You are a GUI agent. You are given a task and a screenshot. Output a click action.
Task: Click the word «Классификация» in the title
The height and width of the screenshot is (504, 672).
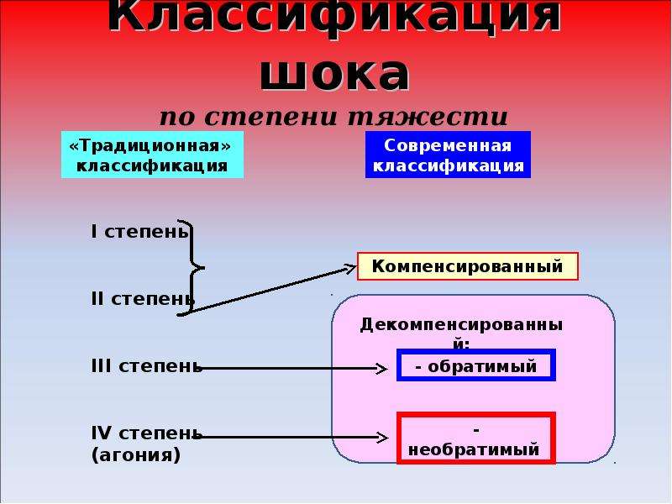pyautogui.click(x=334, y=16)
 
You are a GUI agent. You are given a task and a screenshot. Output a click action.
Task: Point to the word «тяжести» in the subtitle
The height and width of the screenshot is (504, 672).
pyautogui.click(x=428, y=117)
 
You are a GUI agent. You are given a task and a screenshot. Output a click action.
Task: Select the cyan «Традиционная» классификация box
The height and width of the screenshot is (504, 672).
pyautogui.click(x=152, y=155)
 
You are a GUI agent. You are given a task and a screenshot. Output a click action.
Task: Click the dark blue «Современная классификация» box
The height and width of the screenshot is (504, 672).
pyautogui.click(x=448, y=155)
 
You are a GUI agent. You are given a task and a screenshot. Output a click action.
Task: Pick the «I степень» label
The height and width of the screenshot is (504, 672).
pyautogui.click(x=139, y=232)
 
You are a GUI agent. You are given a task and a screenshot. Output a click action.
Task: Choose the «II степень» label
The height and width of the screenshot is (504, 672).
pyautogui.click(x=143, y=299)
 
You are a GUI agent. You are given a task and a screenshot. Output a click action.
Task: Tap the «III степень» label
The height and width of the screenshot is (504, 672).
pyautogui.click(x=146, y=366)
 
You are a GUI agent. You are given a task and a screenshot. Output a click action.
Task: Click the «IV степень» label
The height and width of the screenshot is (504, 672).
pyautogui.click(x=146, y=433)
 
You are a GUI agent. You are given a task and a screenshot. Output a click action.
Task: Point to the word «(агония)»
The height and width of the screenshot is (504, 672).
pyautogui.click(x=136, y=454)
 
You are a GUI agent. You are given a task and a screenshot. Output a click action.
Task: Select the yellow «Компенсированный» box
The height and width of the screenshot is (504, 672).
pyautogui.click(x=468, y=266)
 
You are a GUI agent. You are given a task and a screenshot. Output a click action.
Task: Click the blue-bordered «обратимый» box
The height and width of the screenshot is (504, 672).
pyautogui.click(x=476, y=365)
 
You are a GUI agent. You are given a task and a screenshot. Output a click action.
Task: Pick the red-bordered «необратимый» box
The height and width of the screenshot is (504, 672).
pyautogui.click(x=476, y=438)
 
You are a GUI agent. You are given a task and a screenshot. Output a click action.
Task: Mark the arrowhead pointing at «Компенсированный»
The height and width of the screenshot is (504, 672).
pyautogui.click(x=350, y=269)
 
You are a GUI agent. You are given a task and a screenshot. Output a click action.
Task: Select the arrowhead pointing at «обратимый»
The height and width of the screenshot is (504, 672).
pyautogui.click(x=382, y=368)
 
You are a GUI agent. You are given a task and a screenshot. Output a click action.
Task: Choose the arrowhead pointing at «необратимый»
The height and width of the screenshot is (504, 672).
pyautogui.click(x=382, y=438)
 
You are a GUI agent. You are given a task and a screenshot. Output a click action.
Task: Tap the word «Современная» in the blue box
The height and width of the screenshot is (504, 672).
pyautogui.click(x=448, y=145)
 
